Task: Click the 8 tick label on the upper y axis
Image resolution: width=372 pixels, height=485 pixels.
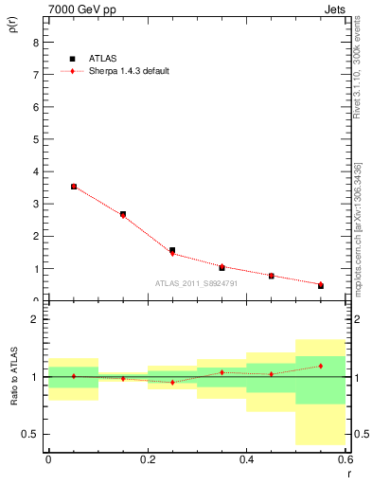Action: tap(35, 42)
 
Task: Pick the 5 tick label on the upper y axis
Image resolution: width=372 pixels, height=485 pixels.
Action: tap(35, 139)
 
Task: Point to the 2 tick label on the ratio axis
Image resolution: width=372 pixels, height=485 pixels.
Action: tap(35, 319)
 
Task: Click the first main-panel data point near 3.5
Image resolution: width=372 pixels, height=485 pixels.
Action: tap(74, 187)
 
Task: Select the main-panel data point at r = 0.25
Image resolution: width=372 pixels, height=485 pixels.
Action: tap(172, 251)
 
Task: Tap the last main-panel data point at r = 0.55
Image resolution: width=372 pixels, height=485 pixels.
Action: tap(321, 284)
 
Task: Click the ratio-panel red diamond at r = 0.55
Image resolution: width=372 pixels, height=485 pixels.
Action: tap(321, 366)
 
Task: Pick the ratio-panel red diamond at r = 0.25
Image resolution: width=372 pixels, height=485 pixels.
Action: tap(172, 382)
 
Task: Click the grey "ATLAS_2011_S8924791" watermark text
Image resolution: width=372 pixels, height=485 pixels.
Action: tap(198, 283)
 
